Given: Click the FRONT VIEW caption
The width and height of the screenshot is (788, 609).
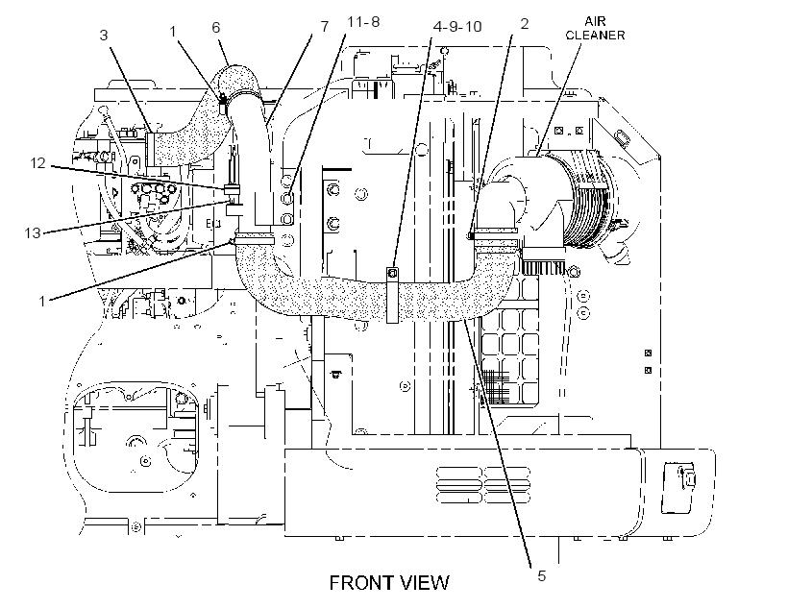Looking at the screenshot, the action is click(389, 583).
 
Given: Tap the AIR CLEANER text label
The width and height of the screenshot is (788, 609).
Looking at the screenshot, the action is click(595, 28).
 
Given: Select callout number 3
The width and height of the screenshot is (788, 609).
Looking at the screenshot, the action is click(104, 36).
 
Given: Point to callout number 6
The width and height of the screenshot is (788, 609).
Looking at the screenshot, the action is click(216, 27).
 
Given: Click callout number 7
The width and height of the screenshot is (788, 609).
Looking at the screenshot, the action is click(324, 26).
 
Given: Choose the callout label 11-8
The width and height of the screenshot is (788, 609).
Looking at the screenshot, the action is click(363, 21).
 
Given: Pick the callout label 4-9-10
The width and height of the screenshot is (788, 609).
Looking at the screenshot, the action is click(457, 26).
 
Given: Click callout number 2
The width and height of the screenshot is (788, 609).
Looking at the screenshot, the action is click(524, 24).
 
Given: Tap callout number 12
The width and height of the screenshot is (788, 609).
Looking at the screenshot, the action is click(37, 162).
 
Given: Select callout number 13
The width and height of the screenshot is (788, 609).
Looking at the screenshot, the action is click(33, 232).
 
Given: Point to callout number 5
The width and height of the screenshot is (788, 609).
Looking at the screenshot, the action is click(541, 575).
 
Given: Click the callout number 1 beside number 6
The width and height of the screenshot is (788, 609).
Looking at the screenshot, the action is click(172, 31).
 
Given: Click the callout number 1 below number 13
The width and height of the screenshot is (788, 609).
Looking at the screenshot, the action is click(42, 301).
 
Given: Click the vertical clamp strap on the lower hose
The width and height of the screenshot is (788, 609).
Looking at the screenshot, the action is click(392, 296).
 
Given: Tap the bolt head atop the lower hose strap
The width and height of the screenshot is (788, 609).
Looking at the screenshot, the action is click(393, 273).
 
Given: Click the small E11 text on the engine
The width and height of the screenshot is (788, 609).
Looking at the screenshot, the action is click(213, 224).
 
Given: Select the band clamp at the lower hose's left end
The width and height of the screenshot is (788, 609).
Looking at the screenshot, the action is click(255, 239).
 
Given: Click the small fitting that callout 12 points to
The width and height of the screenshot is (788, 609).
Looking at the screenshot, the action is click(232, 189).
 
